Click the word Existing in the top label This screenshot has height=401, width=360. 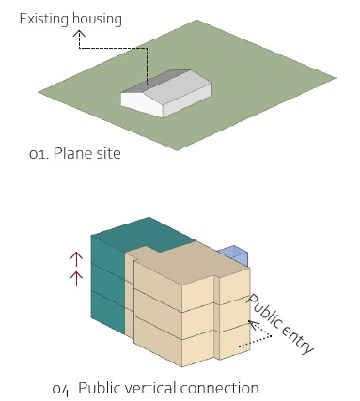44,20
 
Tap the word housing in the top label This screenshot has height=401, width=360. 97,20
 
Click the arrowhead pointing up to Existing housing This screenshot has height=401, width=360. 79,34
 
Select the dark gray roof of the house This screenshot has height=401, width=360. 157,81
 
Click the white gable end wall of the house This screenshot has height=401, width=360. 143,102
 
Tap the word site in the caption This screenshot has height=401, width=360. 109,153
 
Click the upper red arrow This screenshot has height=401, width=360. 76,260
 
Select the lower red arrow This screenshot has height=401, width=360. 76,279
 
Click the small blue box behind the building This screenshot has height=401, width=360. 236,255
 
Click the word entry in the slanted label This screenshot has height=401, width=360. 297,339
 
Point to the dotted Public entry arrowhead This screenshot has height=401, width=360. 253,324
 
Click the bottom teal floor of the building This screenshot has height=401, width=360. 108,312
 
